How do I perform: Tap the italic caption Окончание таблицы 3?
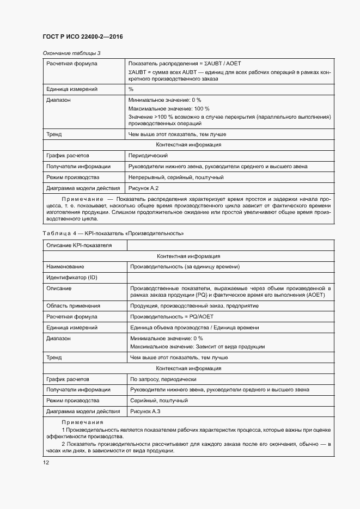(x=71, y=53)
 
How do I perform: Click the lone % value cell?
(x=131, y=89)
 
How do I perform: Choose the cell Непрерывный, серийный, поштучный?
(x=176, y=177)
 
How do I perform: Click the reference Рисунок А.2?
(x=143, y=188)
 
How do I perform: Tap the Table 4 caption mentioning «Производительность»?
(x=113, y=233)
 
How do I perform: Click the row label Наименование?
(x=65, y=267)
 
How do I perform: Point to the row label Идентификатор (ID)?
(x=71, y=278)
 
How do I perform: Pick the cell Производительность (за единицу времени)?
(x=184, y=267)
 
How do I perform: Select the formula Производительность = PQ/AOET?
(x=171, y=317)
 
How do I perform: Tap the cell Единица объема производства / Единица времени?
(x=194, y=328)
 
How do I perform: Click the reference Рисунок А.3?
(x=143, y=412)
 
